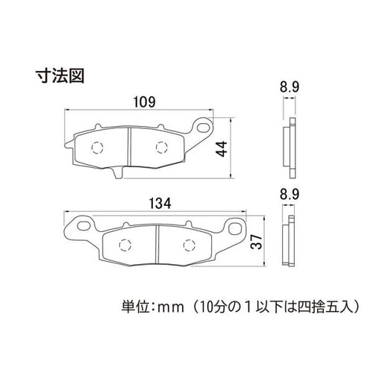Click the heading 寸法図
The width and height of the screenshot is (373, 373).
(x=60, y=75)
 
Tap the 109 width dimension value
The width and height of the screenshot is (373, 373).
(x=145, y=102)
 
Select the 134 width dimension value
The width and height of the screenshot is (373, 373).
(x=160, y=204)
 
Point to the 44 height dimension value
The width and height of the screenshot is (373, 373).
(x=222, y=148)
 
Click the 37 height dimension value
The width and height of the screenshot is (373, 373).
(x=257, y=241)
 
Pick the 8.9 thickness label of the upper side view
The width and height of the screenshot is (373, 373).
(x=289, y=87)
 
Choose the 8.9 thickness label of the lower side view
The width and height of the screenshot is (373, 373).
(x=289, y=195)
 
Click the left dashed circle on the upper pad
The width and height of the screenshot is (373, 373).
(x=97, y=148)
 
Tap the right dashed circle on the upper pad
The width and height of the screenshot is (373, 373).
(x=161, y=148)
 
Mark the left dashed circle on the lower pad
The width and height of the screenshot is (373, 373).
(x=125, y=245)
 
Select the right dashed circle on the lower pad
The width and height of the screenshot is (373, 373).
(x=189, y=245)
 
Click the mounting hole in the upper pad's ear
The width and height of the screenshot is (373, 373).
(x=203, y=127)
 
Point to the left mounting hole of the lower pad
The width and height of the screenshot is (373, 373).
(x=84, y=226)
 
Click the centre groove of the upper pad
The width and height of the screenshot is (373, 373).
(x=129, y=147)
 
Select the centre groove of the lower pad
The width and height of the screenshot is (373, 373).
(x=157, y=245)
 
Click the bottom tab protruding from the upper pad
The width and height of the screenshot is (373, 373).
(x=118, y=172)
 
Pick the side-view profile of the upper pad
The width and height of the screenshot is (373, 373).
(x=289, y=148)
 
